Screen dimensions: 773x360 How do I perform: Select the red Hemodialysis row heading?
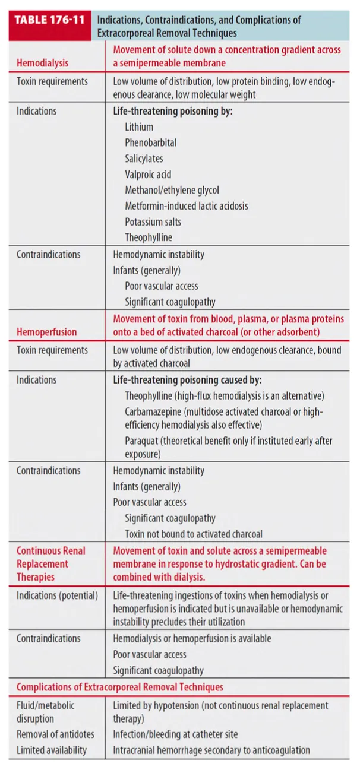tap(42, 62)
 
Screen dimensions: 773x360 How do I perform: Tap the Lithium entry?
tap(139, 126)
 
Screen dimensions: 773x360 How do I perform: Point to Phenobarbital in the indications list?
tap(150, 142)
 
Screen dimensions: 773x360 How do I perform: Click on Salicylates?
tap(144, 159)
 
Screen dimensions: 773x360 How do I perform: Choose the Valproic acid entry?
tap(149, 175)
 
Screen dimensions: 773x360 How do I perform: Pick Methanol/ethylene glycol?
tap(172, 190)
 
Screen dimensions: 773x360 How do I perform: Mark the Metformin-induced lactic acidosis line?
tap(186, 206)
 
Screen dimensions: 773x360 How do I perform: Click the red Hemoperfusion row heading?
tap(46, 332)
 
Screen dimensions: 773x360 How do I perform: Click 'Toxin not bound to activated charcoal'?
tap(193, 534)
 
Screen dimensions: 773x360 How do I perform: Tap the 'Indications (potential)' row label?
tap(57, 595)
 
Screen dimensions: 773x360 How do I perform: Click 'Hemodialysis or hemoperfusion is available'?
tap(192, 639)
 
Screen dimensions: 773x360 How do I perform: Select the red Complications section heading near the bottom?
tap(120, 687)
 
